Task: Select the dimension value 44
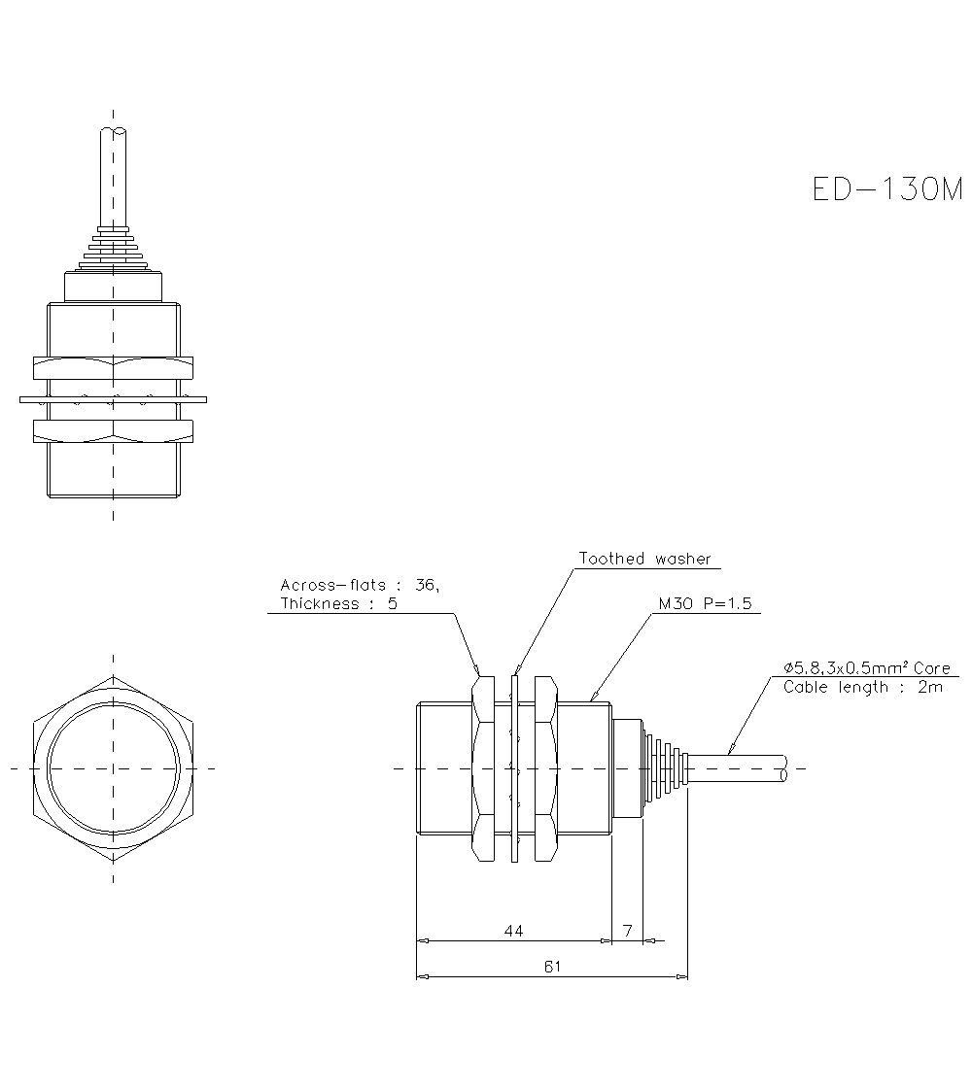[x=514, y=931]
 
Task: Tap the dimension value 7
[x=628, y=931]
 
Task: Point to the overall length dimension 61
[x=552, y=967]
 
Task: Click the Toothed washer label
[x=644, y=559]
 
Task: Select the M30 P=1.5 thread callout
[x=705, y=603]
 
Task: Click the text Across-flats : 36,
[x=359, y=585]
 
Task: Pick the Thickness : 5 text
[x=338, y=603]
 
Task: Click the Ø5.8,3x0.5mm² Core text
[x=866, y=668]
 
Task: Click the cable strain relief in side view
[x=666, y=767]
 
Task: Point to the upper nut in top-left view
[x=114, y=367]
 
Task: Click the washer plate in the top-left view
[x=114, y=398]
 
